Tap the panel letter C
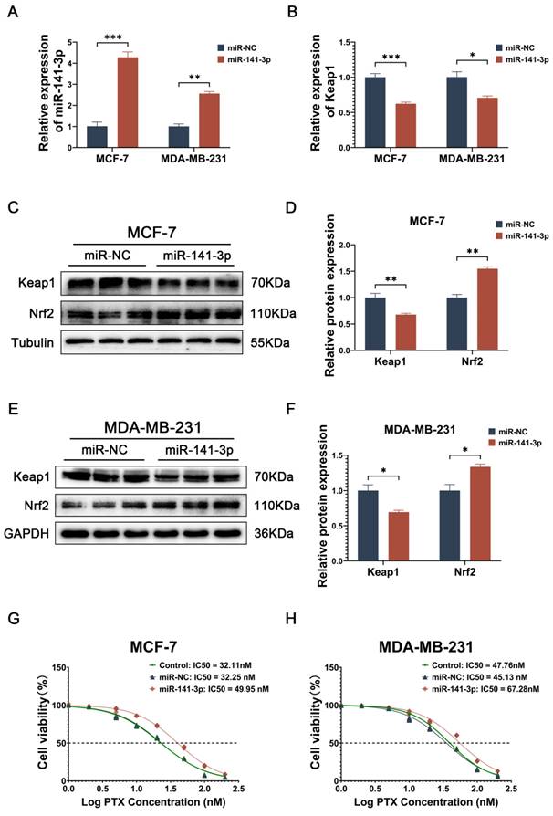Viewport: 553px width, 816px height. pyautogui.click(x=13, y=207)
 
